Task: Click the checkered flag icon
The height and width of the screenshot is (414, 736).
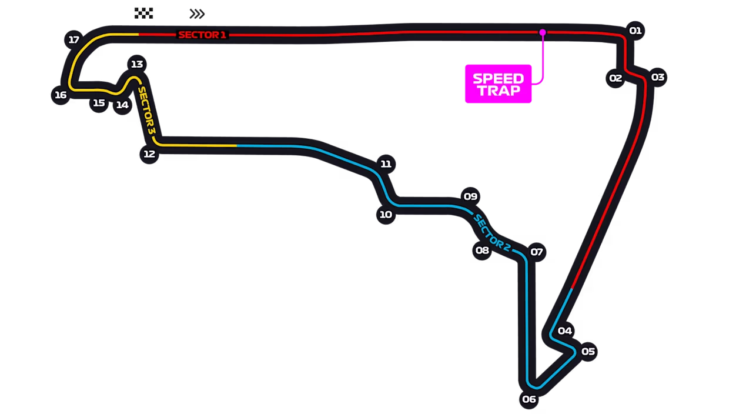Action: (x=143, y=12)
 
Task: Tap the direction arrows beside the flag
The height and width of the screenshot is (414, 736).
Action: (x=198, y=14)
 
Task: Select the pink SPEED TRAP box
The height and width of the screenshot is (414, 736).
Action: (x=498, y=84)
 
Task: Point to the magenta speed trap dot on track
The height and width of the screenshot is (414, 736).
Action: (x=543, y=32)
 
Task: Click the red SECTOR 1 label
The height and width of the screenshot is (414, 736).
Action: (x=202, y=35)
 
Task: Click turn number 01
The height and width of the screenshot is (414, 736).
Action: (x=635, y=30)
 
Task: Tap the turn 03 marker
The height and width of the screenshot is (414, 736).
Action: (x=658, y=77)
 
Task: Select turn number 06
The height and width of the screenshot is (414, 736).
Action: (x=529, y=399)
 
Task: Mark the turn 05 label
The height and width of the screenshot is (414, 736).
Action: (x=588, y=352)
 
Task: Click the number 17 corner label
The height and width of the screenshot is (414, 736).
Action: (x=73, y=40)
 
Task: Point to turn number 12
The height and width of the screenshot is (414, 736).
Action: (x=149, y=154)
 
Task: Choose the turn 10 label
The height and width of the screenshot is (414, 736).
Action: (x=386, y=215)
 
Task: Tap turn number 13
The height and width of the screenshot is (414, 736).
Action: (x=137, y=64)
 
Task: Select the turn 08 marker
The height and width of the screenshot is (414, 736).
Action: (x=482, y=251)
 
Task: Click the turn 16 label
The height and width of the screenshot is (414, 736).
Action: (x=61, y=95)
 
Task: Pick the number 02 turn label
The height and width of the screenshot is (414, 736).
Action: (x=615, y=78)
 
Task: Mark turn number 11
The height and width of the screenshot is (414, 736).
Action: (x=386, y=164)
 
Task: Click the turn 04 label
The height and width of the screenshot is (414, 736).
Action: (x=565, y=330)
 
